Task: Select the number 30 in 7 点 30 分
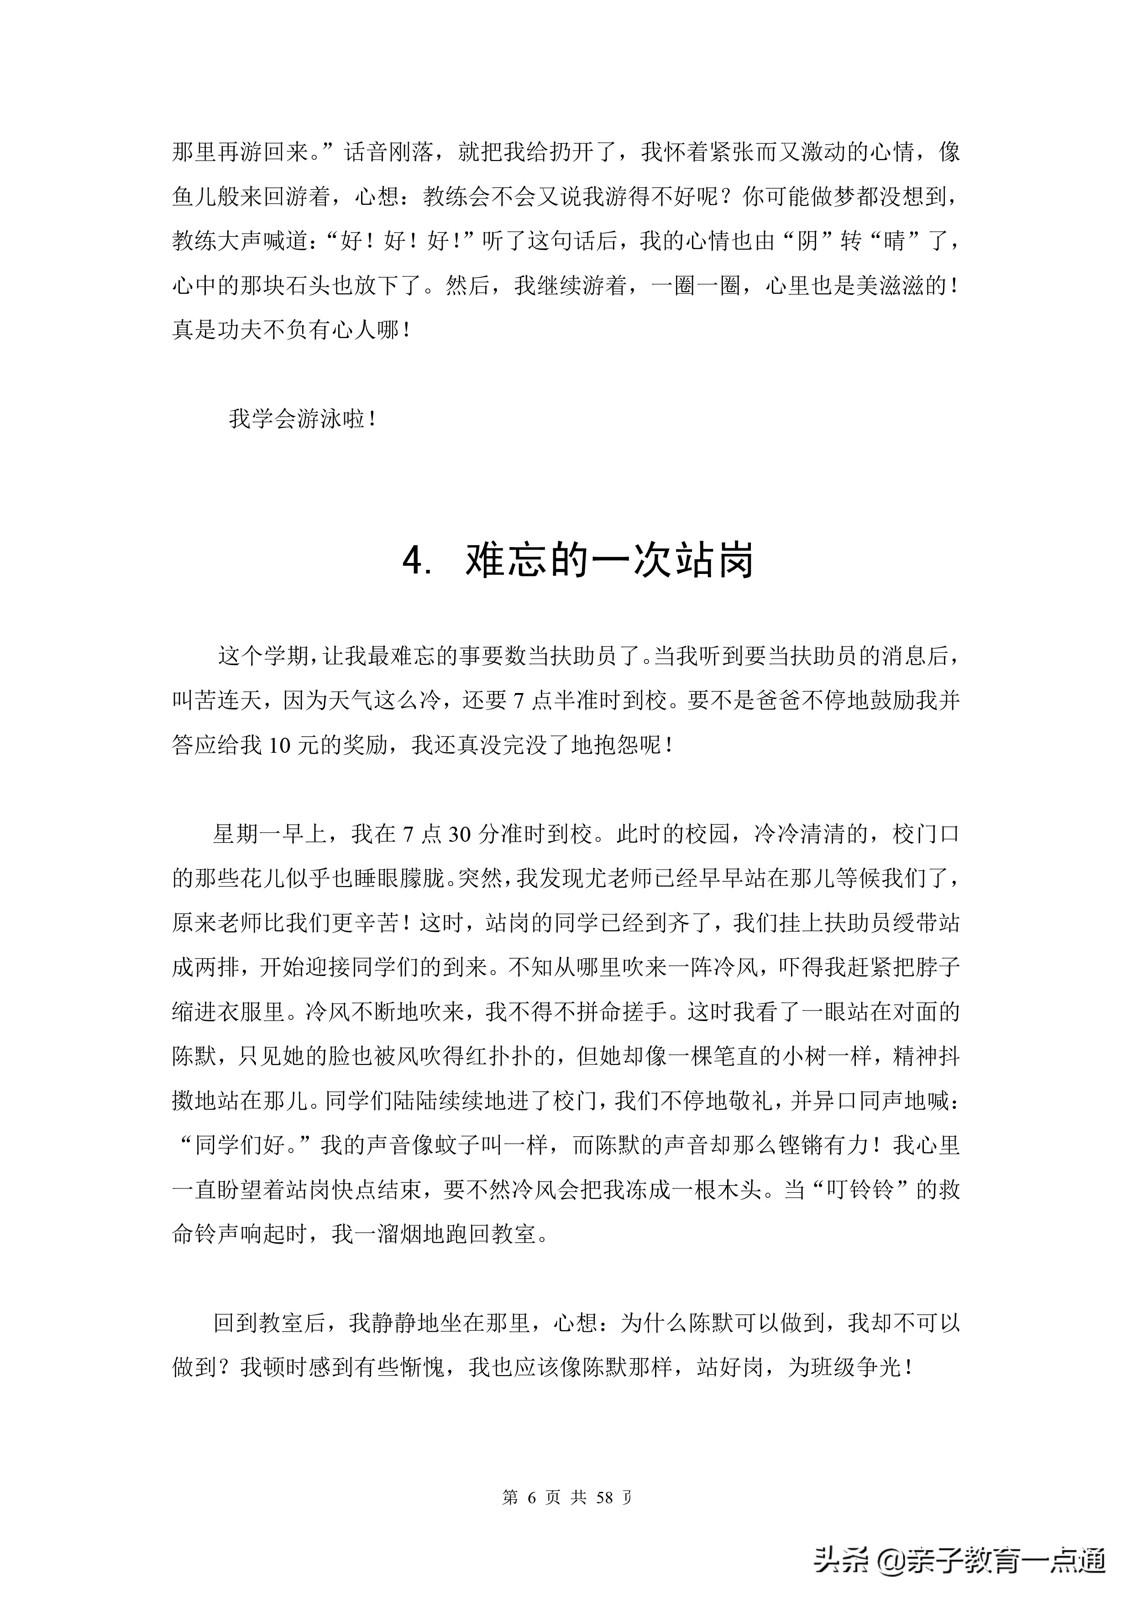pyautogui.click(x=460, y=834)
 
